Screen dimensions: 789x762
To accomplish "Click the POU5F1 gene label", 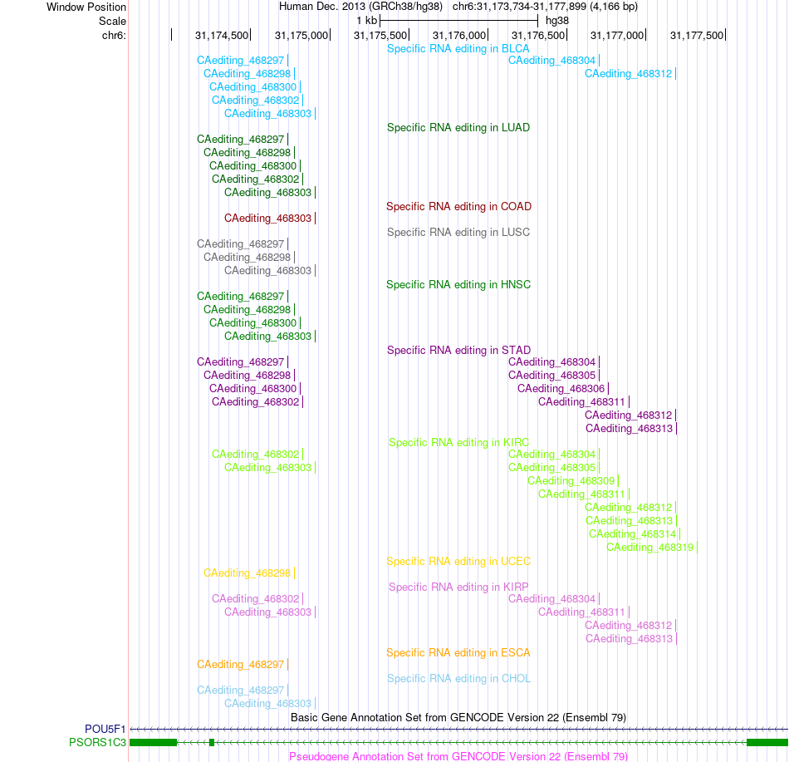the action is [x=105, y=729].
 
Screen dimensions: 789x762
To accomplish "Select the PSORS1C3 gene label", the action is [x=98, y=742].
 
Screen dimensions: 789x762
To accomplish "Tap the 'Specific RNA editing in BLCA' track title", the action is [x=458, y=49].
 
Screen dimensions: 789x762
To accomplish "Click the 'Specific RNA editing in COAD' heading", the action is [x=459, y=206].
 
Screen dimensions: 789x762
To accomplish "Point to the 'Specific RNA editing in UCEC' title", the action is [x=458, y=561].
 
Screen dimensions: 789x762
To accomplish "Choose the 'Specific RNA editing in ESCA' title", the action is [x=458, y=653].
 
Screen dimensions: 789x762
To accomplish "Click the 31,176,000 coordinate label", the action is [x=459, y=35].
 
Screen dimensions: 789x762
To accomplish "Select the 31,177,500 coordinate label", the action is [x=697, y=35].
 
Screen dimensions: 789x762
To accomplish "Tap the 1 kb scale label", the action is [x=366, y=21].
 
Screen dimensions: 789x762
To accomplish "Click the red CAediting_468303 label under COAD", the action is [x=267, y=219].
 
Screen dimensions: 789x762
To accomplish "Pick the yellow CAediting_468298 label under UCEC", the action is [x=247, y=573].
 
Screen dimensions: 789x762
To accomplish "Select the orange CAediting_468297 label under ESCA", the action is [x=241, y=665].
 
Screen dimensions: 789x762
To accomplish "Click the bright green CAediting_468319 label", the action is [x=650, y=548].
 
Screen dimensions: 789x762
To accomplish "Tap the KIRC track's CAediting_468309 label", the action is [x=571, y=481].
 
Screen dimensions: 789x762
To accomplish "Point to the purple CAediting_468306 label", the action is [x=561, y=389].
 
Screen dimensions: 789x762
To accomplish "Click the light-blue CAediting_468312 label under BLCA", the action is [x=629, y=74].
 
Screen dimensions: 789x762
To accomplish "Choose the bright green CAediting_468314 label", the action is [x=633, y=534].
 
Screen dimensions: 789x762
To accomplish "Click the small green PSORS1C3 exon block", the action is [x=212, y=742].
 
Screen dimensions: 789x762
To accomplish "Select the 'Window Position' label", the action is [x=86, y=7].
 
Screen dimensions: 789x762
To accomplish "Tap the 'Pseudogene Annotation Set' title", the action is [x=458, y=756].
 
